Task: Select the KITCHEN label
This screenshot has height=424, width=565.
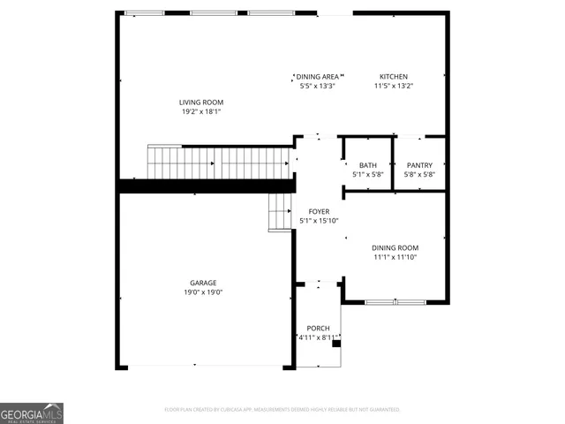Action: tap(394, 77)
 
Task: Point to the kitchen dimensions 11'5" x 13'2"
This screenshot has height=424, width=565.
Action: tap(394, 87)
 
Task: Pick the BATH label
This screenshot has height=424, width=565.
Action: tap(367, 165)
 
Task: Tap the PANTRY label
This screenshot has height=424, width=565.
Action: tap(419, 165)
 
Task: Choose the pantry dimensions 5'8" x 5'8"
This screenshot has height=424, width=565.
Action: tap(419, 175)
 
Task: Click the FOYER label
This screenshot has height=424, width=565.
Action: tap(319, 212)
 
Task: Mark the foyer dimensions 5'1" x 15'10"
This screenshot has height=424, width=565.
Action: tap(319, 222)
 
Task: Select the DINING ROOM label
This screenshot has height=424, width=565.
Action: tap(395, 248)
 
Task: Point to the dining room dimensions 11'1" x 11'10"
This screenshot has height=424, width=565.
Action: tap(395, 258)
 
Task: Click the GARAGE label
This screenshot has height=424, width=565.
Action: tap(202, 283)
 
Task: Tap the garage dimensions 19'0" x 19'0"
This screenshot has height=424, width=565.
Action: tap(202, 292)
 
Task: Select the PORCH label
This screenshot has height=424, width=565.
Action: tap(318, 328)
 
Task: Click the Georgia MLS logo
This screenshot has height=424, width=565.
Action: tap(32, 413)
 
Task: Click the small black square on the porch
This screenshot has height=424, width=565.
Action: tap(335, 345)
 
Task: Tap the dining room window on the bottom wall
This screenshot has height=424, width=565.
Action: tap(395, 302)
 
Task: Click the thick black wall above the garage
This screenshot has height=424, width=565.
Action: tap(205, 185)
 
